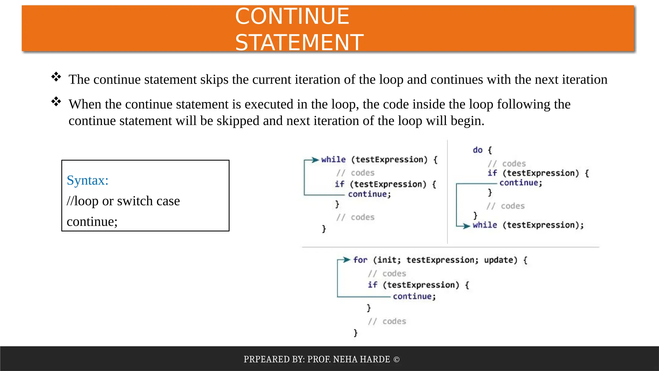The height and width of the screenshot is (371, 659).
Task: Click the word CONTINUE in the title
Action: (292, 16)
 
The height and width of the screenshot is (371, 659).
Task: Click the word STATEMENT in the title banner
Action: (299, 43)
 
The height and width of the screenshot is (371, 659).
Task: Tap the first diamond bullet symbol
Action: (56, 77)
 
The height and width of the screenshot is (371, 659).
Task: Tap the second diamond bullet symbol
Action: (56, 101)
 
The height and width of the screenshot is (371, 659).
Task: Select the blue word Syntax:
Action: (88, 180)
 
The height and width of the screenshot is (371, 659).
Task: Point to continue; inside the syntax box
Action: (92, 222)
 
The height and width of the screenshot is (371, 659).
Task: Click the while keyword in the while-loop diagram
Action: (333, 160)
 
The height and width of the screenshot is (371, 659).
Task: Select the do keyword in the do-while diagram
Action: (478, 150)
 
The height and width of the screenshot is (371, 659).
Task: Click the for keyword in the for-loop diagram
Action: (360, 260)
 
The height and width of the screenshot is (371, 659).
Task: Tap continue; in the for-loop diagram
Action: (414, 296)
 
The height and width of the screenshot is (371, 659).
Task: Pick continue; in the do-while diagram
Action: (521, 183)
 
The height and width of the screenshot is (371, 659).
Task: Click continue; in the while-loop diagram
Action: (369, 194)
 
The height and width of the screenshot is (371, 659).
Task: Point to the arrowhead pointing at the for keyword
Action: (346, 260)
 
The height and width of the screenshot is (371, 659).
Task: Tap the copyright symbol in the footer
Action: (396, 359)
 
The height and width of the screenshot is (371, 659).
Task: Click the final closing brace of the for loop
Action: (355, 333)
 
